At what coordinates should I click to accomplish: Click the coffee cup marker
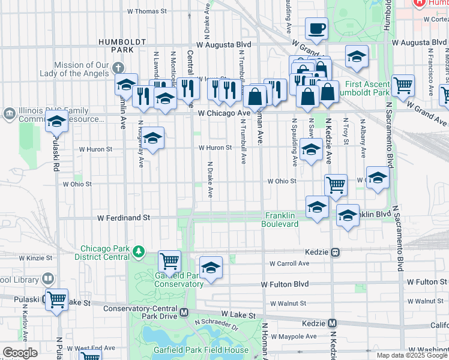[x=316, y=28]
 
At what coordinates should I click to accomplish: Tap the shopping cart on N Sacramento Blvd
[x=403, y=85]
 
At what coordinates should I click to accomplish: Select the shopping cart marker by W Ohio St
[x=336, y=185]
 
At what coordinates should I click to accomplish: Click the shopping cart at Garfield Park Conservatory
[x=170, y=262]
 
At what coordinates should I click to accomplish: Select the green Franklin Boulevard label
[x=280, y=220]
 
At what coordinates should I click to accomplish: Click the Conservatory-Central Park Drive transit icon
[x=185, y=312]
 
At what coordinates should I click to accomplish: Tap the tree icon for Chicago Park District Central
[x=139, y=250]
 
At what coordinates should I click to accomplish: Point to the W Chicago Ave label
[x=224, y=113]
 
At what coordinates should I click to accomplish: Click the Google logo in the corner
[x=20, y=353]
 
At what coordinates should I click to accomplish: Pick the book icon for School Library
[x=47, y=280]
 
